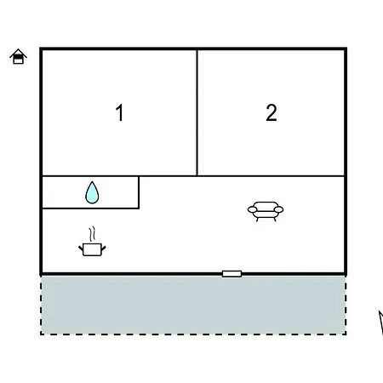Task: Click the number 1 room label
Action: pos(120,112)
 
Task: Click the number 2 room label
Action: pos(272,112)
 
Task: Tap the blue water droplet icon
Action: pos(92,192)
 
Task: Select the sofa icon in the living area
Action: pos(266,211)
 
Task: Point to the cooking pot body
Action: pos(92,249)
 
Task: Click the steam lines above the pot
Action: pos(92,234)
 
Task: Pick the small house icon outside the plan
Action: pos(18,56)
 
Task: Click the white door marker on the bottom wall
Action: pos(232,274)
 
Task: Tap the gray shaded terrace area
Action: pos(193,305)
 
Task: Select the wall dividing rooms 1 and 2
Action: pos(197,113)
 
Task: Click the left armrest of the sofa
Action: pos(252,209)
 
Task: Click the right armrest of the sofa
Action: pos(279,209)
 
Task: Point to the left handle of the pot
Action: pos(81,249)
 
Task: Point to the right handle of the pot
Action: pos(104,249)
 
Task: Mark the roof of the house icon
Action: pos(18,53)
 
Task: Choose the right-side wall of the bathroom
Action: pos(139,192)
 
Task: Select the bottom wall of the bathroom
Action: pos(90,209)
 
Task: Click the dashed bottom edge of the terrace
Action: pos(193,334)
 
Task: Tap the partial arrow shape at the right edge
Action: pos(381,322)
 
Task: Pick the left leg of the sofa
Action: pos(257,219)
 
